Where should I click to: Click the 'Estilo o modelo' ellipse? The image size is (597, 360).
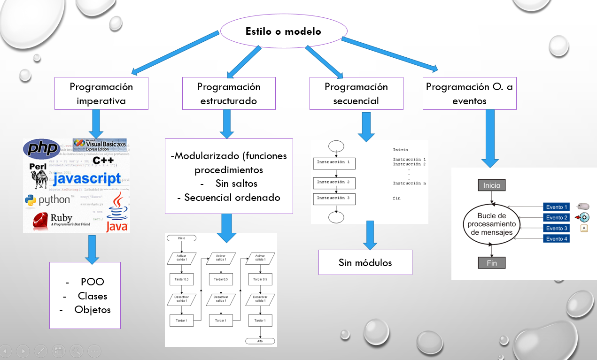coord(283,31)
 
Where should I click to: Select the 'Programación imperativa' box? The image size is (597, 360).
coord(101,93)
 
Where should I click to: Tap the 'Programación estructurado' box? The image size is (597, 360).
coord(229,93)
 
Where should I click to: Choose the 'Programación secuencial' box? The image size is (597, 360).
coord(356,93)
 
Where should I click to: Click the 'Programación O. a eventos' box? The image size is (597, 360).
coord(469,93)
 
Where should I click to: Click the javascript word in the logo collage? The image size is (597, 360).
coord(86,179)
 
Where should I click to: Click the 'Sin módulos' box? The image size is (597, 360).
coord(365,262)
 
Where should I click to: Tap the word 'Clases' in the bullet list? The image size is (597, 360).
coord(92,296)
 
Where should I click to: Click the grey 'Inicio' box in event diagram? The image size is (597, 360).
coord(492,185)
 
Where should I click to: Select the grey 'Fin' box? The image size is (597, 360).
coord(491,263)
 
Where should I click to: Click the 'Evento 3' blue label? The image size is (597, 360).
coord(557,228)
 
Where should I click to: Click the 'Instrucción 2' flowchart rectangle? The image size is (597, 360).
coord(334,182)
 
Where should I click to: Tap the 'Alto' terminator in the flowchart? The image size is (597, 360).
coord(260,341)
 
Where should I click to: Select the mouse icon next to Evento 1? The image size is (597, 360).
coord(583,207)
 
